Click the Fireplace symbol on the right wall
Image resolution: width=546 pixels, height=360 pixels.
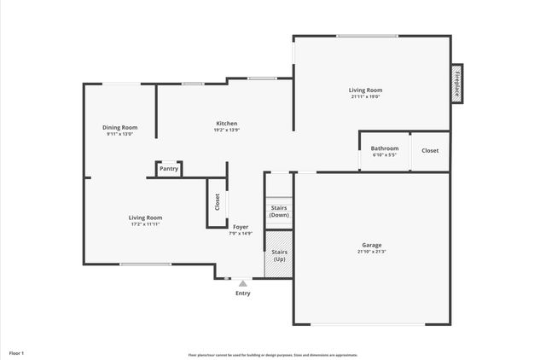pyautogui.click(x=456, y=84)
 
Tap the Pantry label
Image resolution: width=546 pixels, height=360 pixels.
pyautogui.click(x=169, y=169)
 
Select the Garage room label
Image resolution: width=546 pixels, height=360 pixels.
pyautogui.click(x=371, y=245)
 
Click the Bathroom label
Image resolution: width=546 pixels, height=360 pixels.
pyautogui.click(x=384, y=148)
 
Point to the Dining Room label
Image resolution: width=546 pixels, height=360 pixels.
pyautogui.click(x=120, y=127)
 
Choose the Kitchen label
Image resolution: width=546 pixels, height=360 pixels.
pyautogui.click(x=226, y=123)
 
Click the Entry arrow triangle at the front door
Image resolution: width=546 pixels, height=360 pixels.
pyautogui.click(x=243, y=283)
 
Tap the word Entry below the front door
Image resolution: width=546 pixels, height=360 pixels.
pyautogui.click(x=243, y=293)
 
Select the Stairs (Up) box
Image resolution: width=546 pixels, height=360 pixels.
pyautogui.click(x=279, y=255)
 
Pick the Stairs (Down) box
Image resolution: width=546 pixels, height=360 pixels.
pyautogui.click(x=279, y=211)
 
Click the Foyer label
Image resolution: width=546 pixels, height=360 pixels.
pyautogui.click(x=241, y=227)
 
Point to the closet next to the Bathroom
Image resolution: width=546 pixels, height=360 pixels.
pyautogui.click(x=430, y=150)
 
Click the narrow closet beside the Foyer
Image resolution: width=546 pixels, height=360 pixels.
pyautogui.click(x=217, y=202)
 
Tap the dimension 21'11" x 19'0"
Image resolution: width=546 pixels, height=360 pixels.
pyautogui.click(x=364, y=96)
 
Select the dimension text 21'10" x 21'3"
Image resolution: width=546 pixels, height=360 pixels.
pyautogui.click(x=371, y=252)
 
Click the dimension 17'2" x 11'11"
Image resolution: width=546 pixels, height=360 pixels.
pyautogui.click(x=145, y=224)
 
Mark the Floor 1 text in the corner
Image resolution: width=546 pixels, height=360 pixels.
pyautogui.click(x=17, y=352)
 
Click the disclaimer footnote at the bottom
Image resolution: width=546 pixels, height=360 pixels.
pyautogui.click(x=273, y=354)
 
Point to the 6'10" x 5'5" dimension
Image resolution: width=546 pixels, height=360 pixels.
pyautogui.click(x=384, y=155)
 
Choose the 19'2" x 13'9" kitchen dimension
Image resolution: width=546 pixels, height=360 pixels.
pyautogui.click(x=226, y=130)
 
